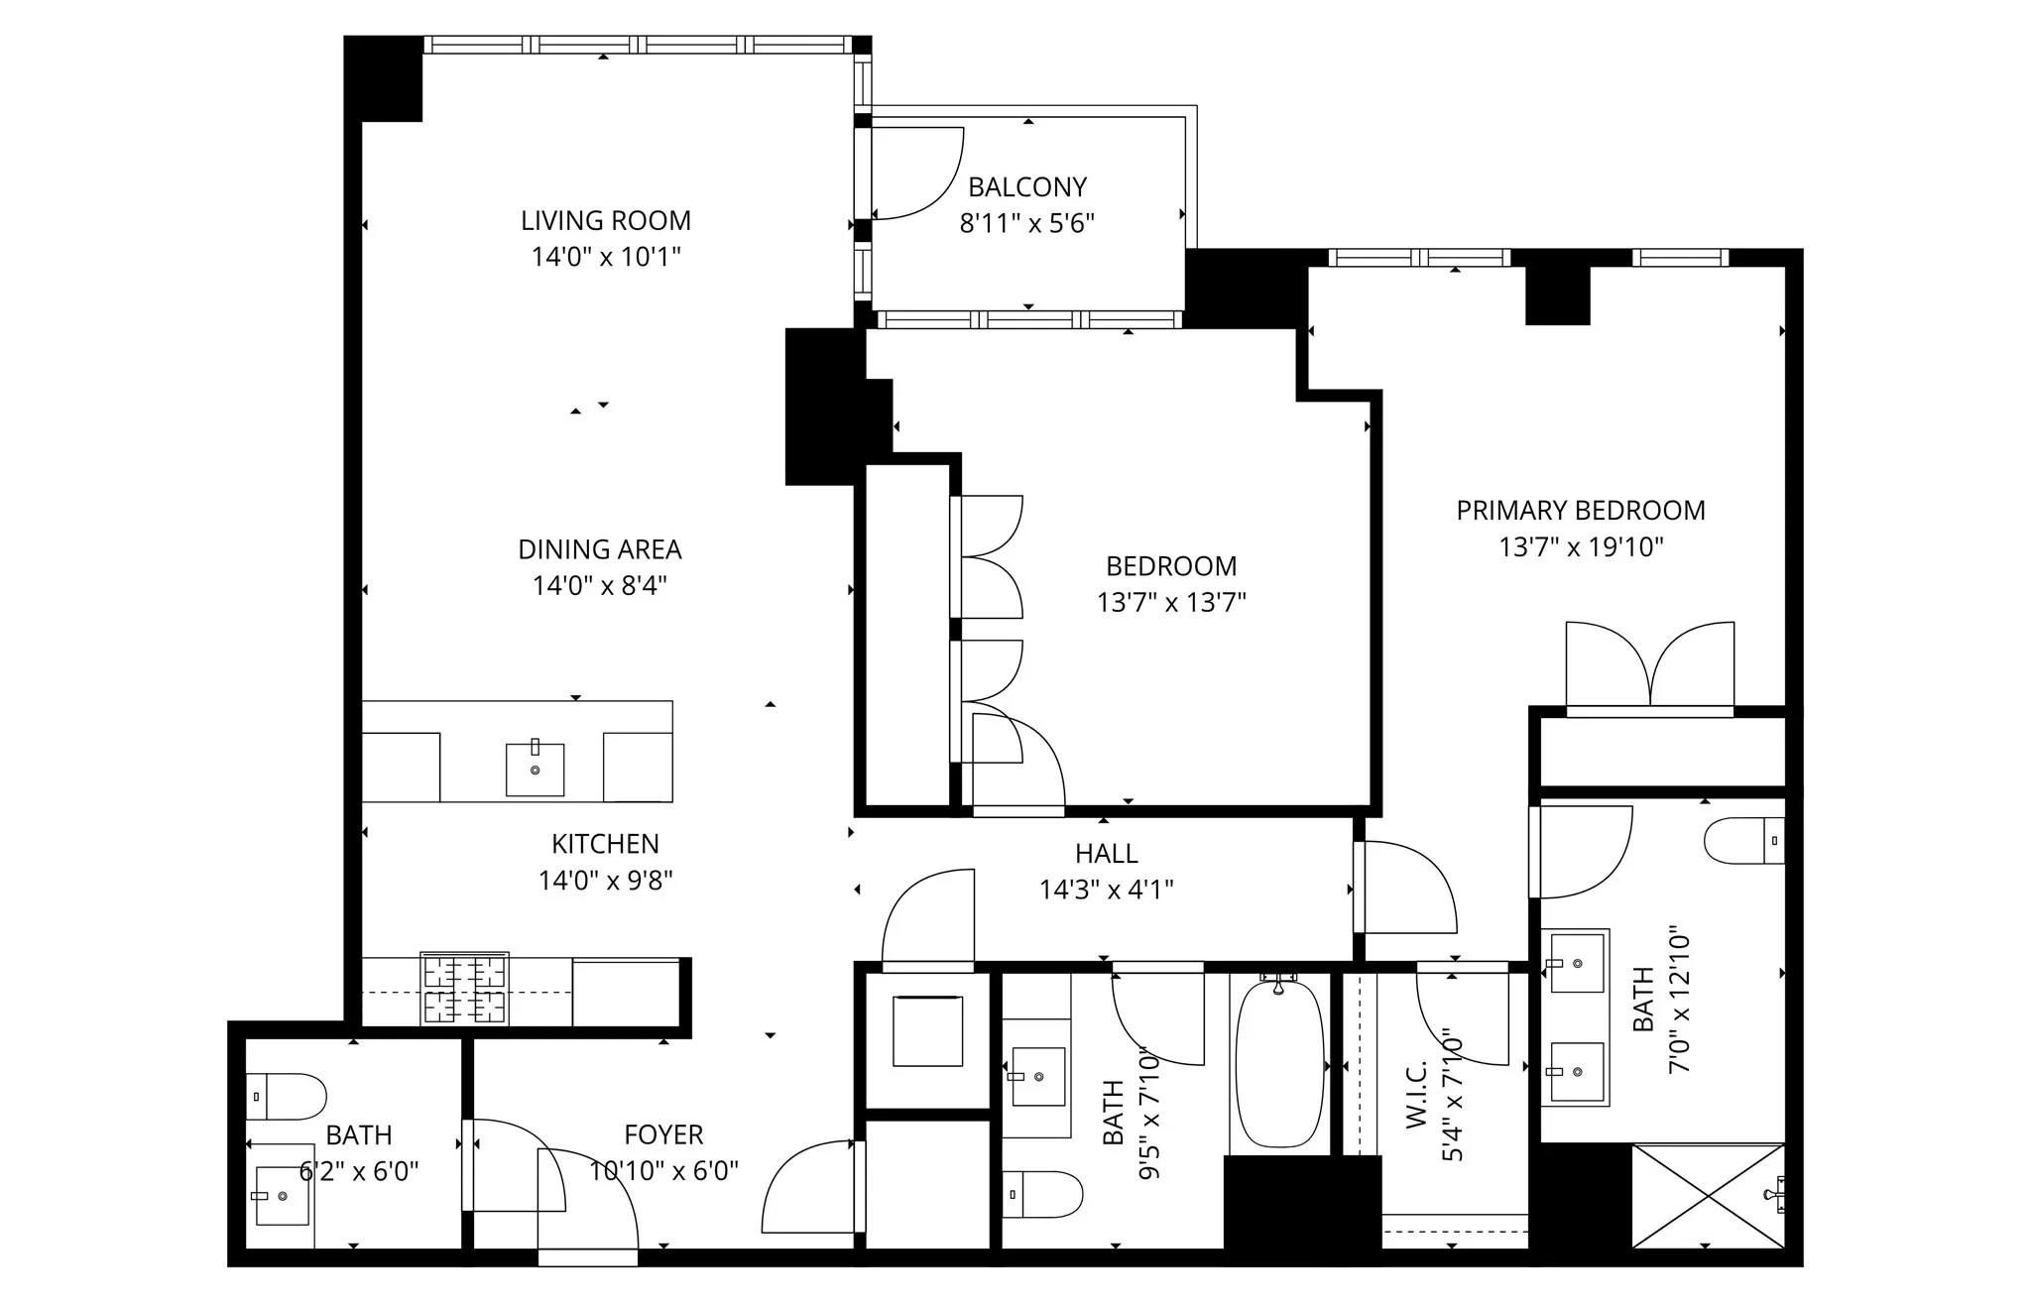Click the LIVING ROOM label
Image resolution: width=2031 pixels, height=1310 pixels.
click(605, 220)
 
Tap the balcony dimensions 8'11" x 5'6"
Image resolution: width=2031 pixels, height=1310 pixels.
click(1026, 223)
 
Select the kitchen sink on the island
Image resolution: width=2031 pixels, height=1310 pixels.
click(535, 770)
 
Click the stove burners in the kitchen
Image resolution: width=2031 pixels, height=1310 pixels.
click(464, 989)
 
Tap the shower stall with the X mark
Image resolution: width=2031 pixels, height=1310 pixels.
click(1707, 1195)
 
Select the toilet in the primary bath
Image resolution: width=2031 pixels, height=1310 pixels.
click(1743, 841)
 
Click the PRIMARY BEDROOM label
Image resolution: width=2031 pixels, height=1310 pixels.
click(1580, 511)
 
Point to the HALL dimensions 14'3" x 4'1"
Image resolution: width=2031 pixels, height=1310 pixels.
click(1106, 890)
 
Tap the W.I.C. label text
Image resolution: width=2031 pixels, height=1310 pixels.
click(1415, 1093)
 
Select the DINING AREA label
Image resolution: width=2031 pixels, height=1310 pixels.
click(599, 549)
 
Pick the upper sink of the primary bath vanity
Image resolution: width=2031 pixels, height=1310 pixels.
click(1574, 962)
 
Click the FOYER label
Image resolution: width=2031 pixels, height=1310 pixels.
click(663, 1134)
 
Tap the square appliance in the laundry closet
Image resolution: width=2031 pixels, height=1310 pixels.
click(927, 1031)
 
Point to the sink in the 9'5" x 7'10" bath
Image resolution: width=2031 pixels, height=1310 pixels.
click(1036, 1076)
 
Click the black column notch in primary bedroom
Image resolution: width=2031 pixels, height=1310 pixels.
click(1557, 295)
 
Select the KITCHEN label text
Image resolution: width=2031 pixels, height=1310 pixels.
click(605, 844)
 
